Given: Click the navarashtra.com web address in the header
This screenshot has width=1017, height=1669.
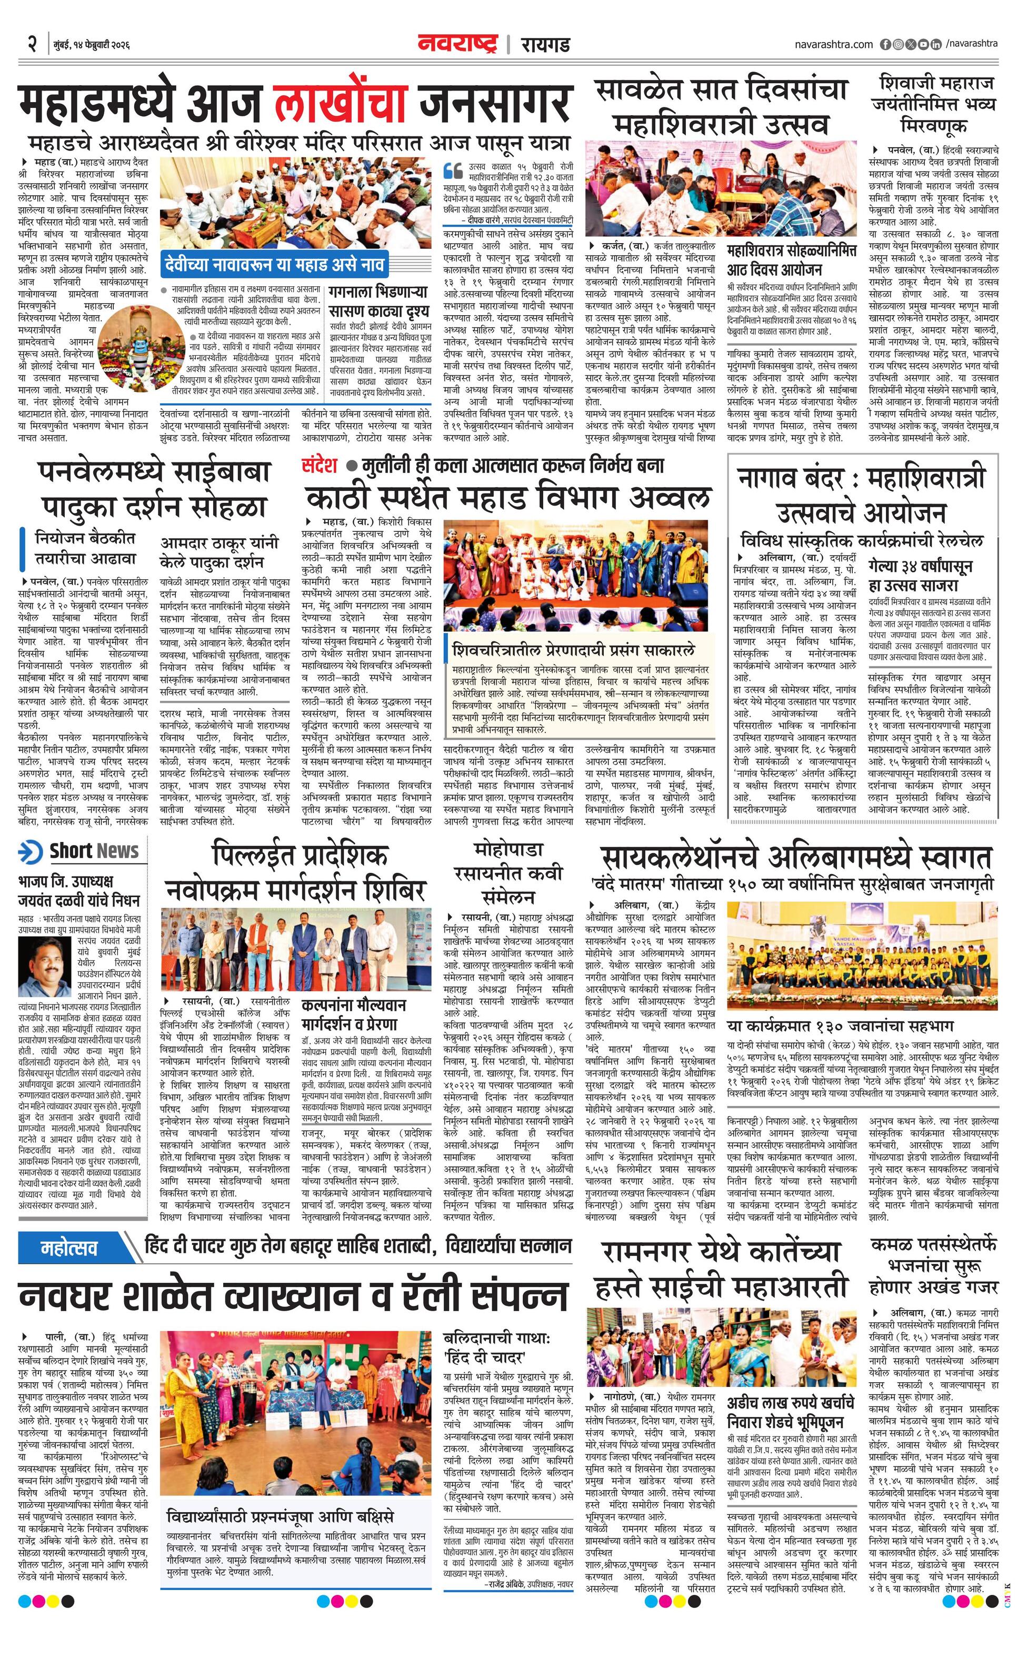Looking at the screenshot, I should tap(833, 44).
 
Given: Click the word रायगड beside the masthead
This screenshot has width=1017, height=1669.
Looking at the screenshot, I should tap(545, 45).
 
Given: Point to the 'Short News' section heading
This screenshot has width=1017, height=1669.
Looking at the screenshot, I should tap(94, 851).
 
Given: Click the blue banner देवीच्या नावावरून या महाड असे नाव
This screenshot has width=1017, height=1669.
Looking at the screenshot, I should tap(274, 265).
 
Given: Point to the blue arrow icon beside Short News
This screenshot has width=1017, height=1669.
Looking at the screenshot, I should tap(31, 851).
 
